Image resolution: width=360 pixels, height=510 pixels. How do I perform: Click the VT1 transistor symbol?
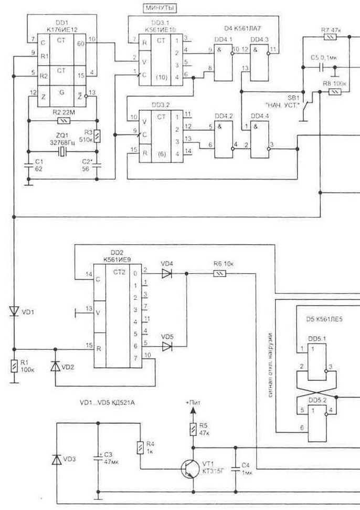190,466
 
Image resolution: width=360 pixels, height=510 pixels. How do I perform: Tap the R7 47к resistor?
330,37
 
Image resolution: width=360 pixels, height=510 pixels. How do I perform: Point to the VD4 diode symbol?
167,273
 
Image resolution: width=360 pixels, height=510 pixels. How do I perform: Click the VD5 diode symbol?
167,346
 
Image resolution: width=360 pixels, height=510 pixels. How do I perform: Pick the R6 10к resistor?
219,273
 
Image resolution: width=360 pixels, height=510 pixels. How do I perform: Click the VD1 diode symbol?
14,311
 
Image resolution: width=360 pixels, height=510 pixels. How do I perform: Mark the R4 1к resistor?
140,447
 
